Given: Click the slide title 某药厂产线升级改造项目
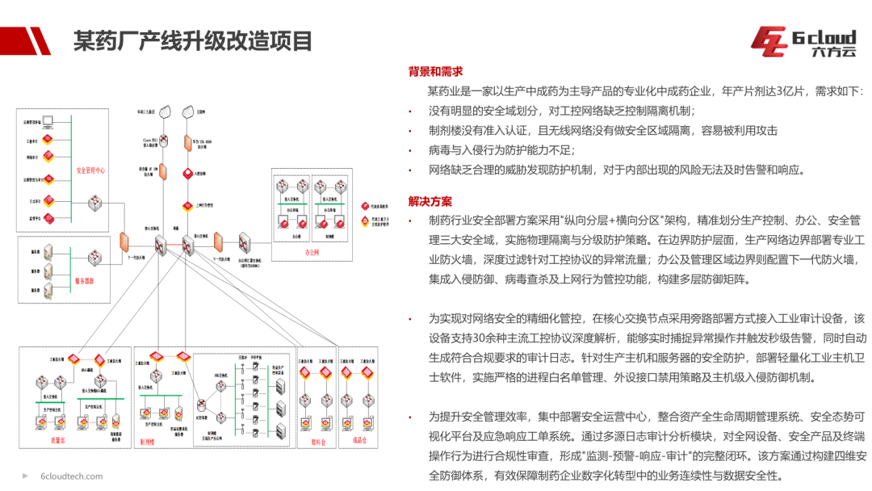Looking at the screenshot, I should pyautogui.click(x=192, y=40).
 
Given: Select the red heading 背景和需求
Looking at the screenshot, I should pyautogui.click(x=435, y=71).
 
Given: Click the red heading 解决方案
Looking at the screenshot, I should pyautogui.click(x=430, y=201).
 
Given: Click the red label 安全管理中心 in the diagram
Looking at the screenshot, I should pyautogui.click(x=90, y=171).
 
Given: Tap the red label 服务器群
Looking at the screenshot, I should pyautogui.click(x=84, y=281).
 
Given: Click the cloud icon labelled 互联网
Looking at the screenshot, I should pyautogui.click(x=189, y=109).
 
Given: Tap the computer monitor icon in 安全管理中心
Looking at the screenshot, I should pyautogui.click(x=48, y=122).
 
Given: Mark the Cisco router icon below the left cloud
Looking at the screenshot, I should pyautogui.click(x=163, y=141).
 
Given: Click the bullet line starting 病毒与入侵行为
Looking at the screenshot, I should pyautogui.click(x=501, y=150).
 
